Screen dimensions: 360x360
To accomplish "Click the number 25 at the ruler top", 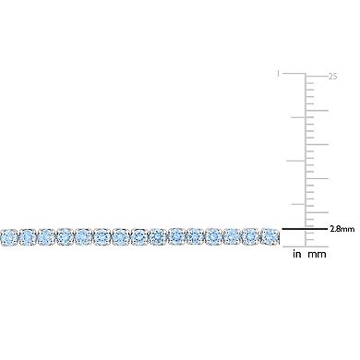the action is [x=332, y=77].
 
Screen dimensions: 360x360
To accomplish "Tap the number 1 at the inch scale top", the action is [x=278, y=74].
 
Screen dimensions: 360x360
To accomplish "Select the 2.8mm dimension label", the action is [x=342, y=229].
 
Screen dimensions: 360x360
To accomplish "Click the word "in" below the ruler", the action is [x=297, y=255].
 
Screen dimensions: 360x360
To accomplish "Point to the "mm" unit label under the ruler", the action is [x=317, y=255].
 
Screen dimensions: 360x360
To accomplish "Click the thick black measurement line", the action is [x=304, y=229].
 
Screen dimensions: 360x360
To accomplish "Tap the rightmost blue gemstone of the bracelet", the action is [x=270, y=236].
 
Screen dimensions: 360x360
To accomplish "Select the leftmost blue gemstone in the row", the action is [x=8, y=237].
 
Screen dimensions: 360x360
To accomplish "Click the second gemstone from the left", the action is [x=28, y=237].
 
